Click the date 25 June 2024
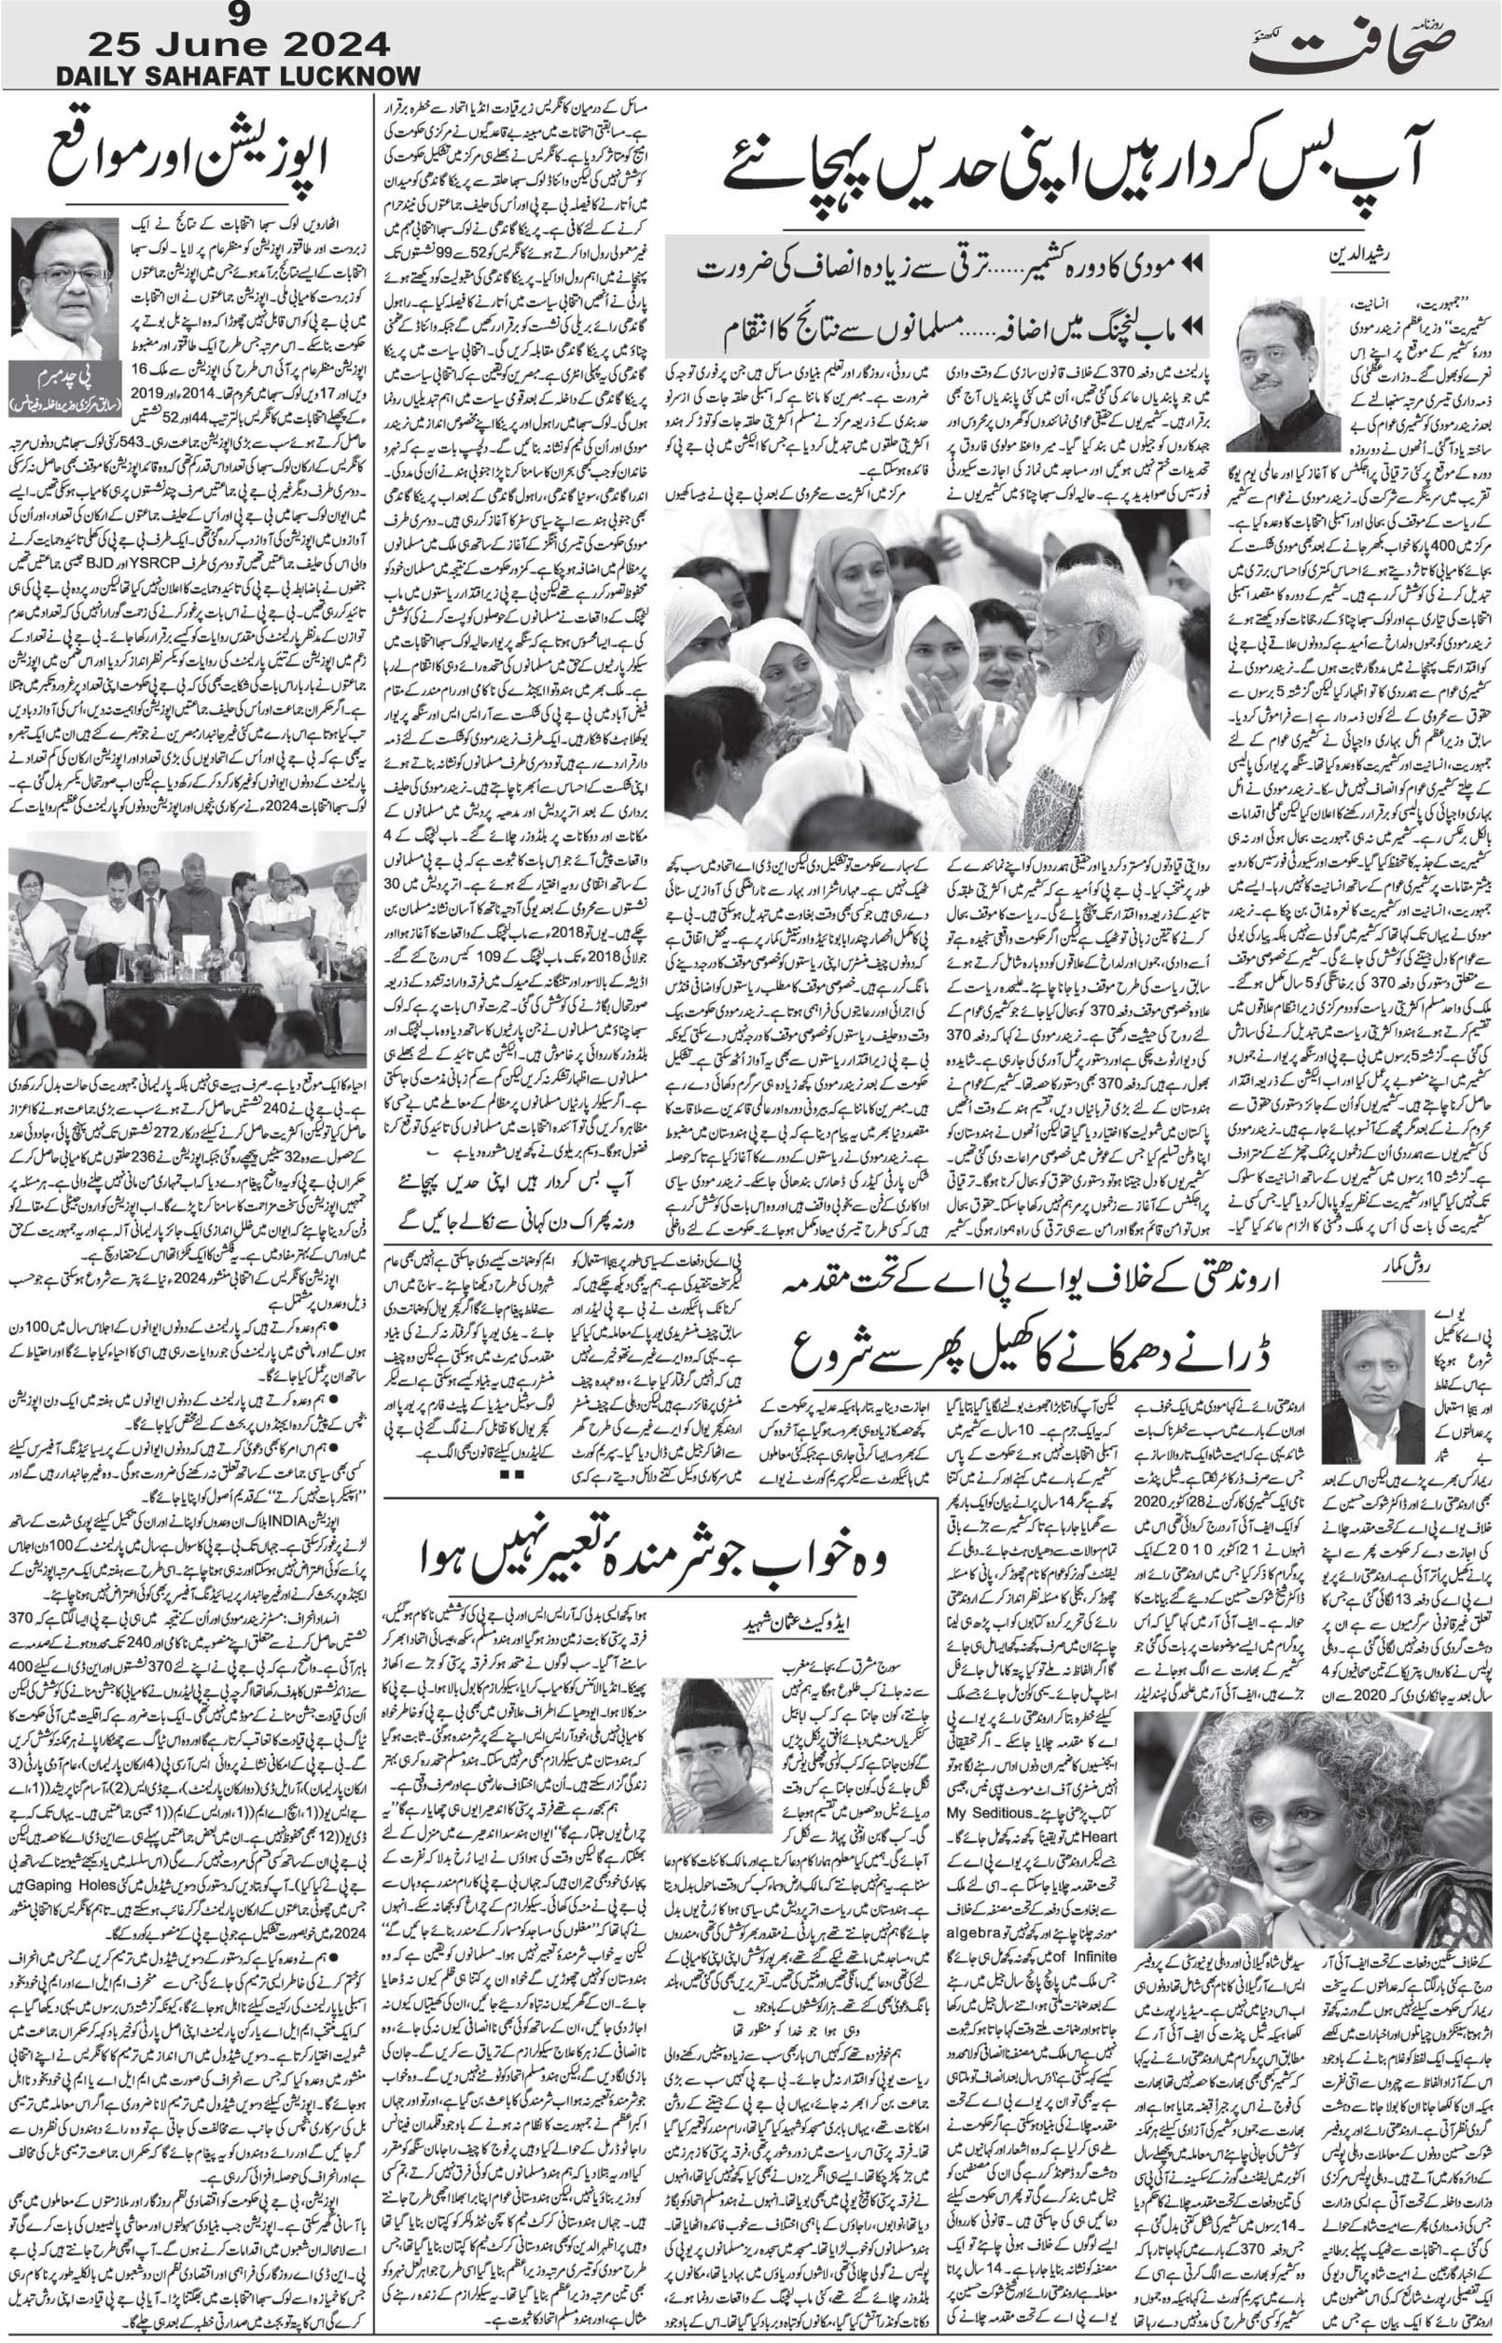click(238, 44)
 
